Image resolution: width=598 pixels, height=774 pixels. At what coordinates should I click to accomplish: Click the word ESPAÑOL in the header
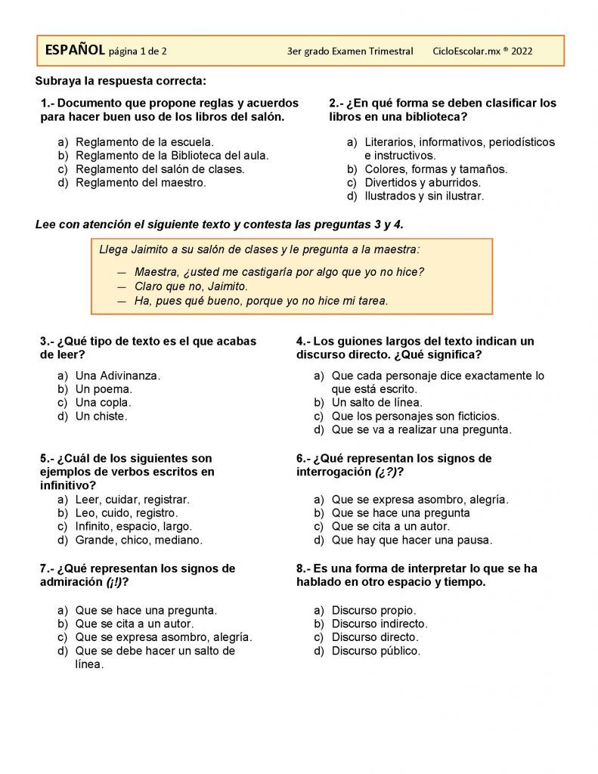click(x=75, y=51)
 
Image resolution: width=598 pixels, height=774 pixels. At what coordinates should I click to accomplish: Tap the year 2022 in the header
click(x=522, y=51)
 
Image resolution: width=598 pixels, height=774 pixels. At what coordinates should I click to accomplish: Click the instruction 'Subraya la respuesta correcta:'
click(x=121, y=81)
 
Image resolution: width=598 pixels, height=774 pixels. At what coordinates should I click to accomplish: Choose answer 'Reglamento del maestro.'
click(x=141, y=182)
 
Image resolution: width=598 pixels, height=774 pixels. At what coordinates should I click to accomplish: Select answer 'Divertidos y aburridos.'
click(x=422, y=183)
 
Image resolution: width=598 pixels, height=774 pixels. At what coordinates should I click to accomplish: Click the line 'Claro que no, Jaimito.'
click(x=191, y=286)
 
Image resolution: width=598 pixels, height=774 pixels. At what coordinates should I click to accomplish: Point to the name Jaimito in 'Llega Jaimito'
click(x=150, y=249)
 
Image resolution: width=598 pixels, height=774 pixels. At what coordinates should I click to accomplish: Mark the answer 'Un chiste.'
click(x=101, y=416)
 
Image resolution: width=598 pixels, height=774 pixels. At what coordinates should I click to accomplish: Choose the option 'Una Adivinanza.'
click(x=118, y=376)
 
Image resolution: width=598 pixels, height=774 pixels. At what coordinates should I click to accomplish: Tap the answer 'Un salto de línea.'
click(x=376, y=403)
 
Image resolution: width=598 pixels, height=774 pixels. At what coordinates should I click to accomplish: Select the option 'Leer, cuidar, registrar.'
click(x=132, y=500)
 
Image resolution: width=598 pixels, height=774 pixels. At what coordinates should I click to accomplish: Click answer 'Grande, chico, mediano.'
click(x=138, y=540)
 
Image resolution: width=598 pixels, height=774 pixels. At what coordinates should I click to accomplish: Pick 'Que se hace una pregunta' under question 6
click(x=401, y=513)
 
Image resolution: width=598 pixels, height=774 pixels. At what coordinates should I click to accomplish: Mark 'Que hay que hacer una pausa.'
click(x=411, y=540)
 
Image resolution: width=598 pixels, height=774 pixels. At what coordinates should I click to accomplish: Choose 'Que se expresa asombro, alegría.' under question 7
click(x=163, y=637)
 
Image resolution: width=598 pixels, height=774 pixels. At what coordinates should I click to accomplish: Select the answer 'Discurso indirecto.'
click(x=380, y=624)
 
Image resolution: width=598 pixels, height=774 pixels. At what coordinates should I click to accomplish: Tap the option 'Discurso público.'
click(x=376, y=651)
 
